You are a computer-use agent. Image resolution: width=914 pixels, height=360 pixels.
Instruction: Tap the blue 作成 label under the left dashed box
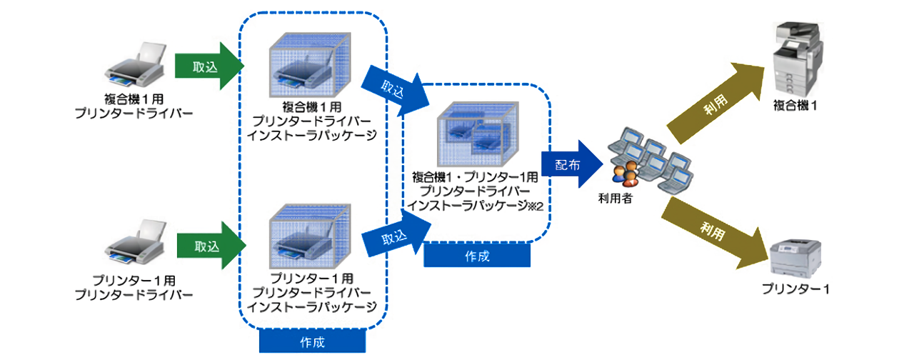[312, 341]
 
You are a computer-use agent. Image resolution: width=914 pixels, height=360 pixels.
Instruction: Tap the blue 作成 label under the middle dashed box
[477, 256]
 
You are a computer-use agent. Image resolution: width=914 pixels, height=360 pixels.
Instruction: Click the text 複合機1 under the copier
[795, 106]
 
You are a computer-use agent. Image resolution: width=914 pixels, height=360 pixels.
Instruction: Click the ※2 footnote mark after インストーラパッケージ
[536, 206]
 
